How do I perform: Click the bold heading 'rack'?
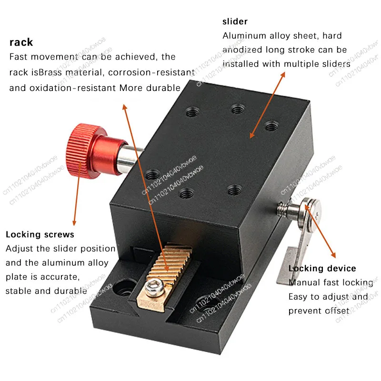[21, 42]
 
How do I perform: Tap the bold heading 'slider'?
[235, 21]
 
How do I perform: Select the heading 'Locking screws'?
[40, 234]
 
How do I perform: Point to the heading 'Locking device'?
[322, 268]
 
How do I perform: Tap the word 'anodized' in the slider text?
[242, 50]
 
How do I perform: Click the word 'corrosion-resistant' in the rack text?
[151, 72]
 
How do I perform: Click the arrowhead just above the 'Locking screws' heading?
[74, 222]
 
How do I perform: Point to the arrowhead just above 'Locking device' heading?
[333, 255]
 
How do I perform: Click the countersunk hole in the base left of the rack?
[124, 288]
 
